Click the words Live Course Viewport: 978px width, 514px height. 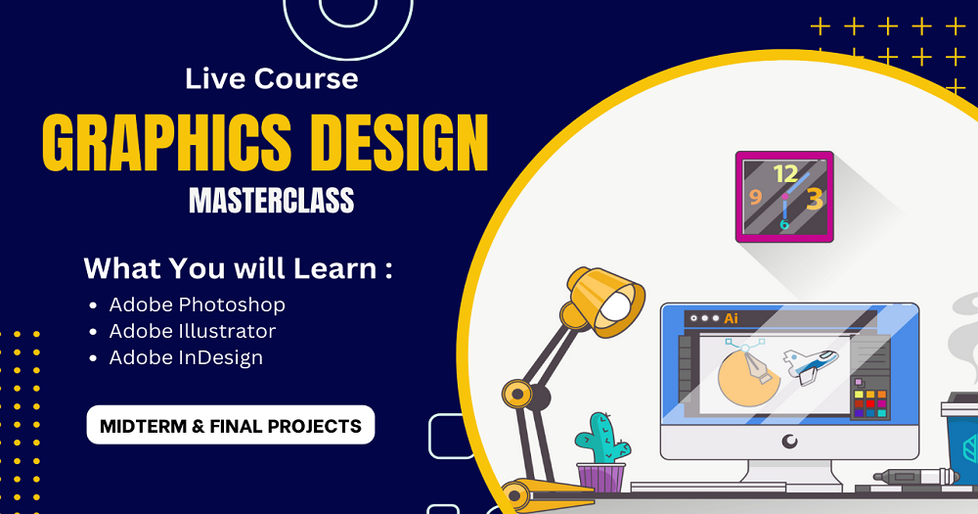[271, 78]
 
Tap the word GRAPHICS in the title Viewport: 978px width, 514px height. [167, 143]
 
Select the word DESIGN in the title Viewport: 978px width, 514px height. [399, 143]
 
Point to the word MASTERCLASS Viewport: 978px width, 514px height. [271, 201]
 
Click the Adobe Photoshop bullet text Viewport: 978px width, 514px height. [198, 304]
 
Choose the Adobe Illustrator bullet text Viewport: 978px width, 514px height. [192, 331]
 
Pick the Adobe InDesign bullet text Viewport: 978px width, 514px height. [186, 358]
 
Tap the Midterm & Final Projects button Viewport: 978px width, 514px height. [231, 425]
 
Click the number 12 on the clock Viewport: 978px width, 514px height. [785, 173]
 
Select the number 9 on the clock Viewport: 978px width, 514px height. [756, 198]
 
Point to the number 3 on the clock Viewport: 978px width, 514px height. [814, 199]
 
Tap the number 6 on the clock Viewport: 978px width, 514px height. [784, 225]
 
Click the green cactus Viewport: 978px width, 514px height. [601, 439]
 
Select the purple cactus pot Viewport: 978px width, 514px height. [600, 478]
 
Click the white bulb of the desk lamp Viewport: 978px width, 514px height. [615, 306]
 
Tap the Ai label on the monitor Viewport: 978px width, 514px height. [731, 318]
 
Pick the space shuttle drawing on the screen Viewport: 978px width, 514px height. [810, 365]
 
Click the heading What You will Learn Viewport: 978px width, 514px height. [239, 268]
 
